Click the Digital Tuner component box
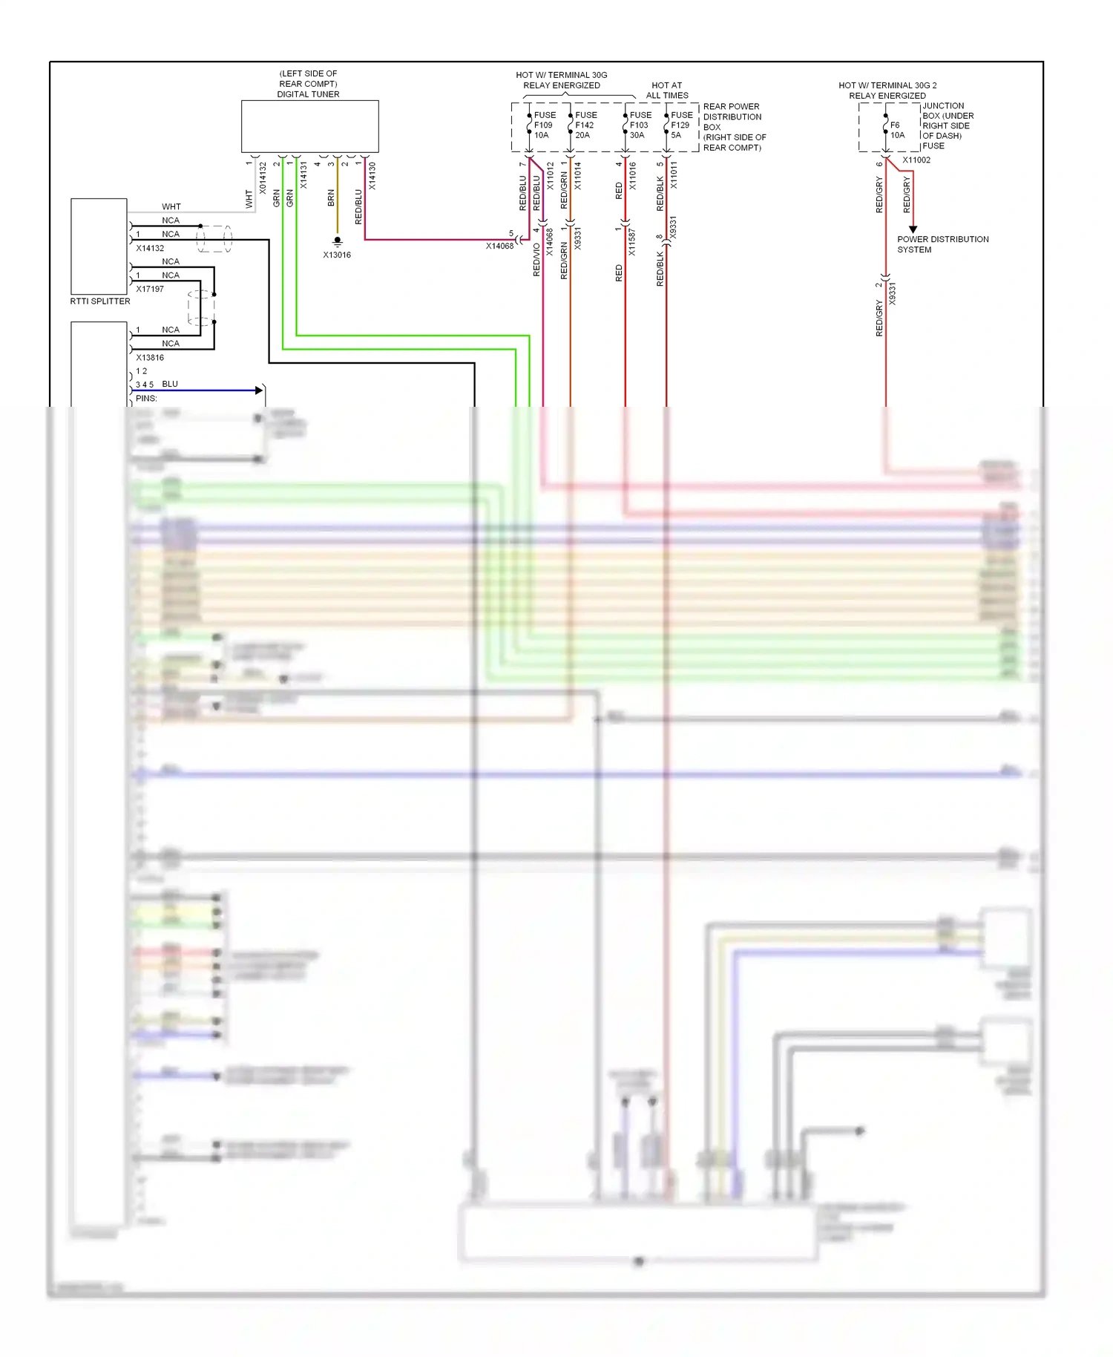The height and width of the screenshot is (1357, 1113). [309, 126]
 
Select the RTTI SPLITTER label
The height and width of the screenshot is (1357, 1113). [100, 301]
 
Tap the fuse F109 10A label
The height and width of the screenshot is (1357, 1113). [544, 125]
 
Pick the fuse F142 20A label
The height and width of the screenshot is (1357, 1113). [585, 125]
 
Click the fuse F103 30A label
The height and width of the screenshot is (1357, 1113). [640, 125]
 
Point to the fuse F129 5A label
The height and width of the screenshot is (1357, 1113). [681, 125]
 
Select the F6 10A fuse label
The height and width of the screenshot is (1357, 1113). [896, 130]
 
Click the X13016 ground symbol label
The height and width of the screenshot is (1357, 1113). [337, 255]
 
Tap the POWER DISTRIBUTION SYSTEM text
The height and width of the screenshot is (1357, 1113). [942, 244]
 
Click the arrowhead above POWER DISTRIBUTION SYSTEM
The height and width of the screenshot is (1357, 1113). [913, 229]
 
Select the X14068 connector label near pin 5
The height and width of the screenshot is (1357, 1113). [499, 246]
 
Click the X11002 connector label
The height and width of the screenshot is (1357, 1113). [916, 160]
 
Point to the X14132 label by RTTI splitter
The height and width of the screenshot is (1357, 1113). [150, 249]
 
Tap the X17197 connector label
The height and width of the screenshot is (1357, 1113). [150, 290]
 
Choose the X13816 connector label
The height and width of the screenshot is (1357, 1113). [150, 358]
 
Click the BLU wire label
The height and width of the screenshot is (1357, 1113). [170, 384]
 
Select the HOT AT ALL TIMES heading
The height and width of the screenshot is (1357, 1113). [666, 91]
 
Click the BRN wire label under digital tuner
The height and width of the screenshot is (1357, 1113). [331, 197]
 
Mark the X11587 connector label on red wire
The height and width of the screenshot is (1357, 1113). [631, 242]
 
